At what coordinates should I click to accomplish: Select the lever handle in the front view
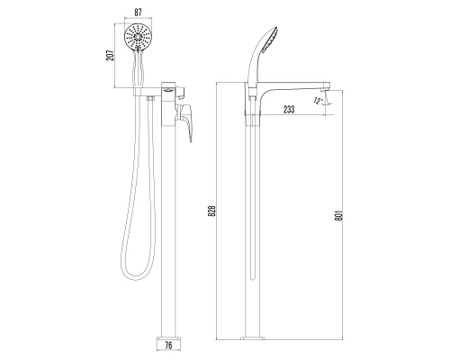click(x=188, y=121)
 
